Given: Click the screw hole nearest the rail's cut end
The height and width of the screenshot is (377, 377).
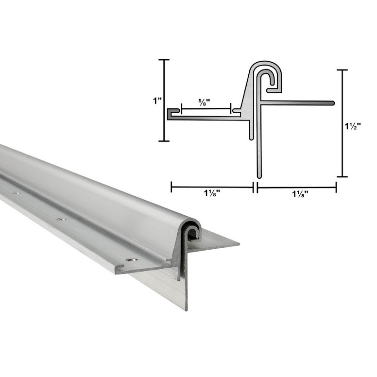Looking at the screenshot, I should [130, 259].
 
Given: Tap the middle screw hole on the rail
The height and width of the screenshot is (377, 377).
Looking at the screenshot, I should [61, 220].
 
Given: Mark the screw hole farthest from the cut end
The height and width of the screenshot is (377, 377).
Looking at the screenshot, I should [17, 194].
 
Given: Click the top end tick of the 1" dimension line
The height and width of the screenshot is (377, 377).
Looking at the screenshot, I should [164, 60].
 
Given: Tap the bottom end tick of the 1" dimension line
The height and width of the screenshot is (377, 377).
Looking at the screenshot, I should [164, 141].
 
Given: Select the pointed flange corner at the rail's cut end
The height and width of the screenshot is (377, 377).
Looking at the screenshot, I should [238, 242].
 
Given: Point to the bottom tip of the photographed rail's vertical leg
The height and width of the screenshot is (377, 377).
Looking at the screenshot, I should [185, 310].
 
